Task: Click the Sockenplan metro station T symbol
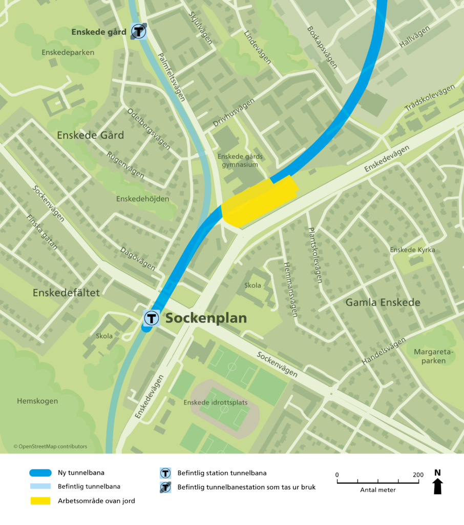pyautogui.click(x=152, y=318)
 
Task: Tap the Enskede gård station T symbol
pyautogui.click(x=138, y=31)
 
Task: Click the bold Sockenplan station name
pyautogui.click(x=206, y=318)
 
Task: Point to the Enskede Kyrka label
pyautogui.click(x=412, y=250)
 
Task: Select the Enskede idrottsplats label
pyautogui.click(x=215, y=402)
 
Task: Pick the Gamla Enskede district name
pyautogui.click(x=383, y=302)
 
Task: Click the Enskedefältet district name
pyautogui.click(x=66, y=293)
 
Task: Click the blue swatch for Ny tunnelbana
pyautogui.click(x=40, y=473)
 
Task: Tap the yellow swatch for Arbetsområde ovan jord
pyautogui.click(x=40, y=500)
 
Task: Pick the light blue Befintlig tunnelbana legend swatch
pyautogui.click(x=40, y=487)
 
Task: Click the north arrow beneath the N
pyautogui.click(x=437, y=486)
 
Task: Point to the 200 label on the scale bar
pyautogui.click(x=418, y=475)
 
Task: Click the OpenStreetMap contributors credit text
pyautogui.click(x=50, y=447)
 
